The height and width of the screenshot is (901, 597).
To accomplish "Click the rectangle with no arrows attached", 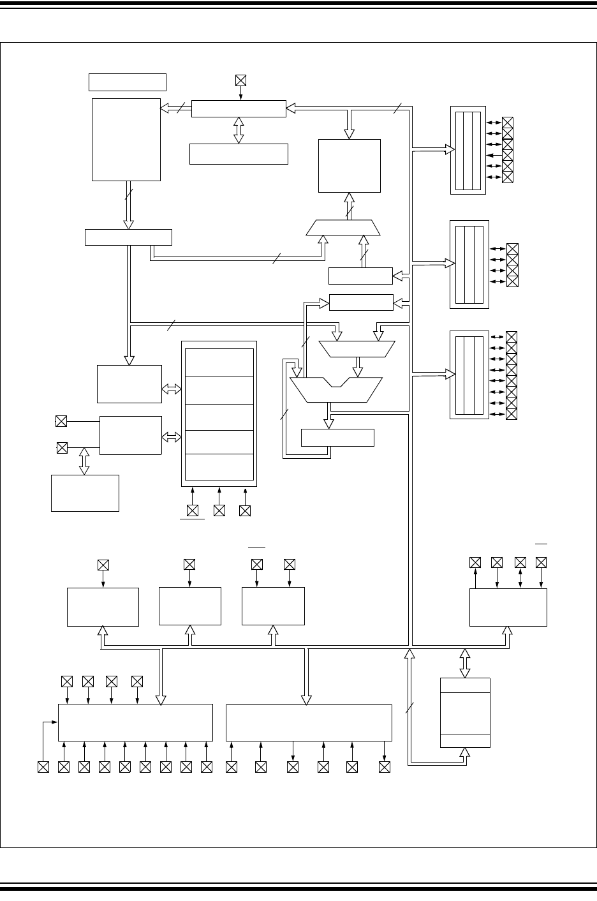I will click(128, 82).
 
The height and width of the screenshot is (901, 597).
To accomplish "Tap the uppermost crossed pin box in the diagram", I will click(240, 80).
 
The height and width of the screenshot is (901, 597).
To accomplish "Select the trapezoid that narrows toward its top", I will click(343, 228).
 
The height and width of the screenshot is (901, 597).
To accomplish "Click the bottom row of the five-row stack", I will click(219, 467).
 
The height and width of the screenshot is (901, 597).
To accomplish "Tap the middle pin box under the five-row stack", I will click(219, 510).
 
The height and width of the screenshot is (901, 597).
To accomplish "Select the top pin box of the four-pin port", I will click(512, 249).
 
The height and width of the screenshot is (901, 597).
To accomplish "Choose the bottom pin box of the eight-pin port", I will click(511, 414).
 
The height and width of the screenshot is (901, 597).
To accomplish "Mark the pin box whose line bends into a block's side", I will click(43, 766).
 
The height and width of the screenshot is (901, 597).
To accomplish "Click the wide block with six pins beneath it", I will click(309, 723).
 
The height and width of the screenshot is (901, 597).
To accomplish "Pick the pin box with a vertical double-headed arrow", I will click(520, 562).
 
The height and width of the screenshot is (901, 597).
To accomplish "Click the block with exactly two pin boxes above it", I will click(273, 606).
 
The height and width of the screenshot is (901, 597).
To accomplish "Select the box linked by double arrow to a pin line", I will click(85, 493).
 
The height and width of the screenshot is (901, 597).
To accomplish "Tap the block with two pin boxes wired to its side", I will click(131, 435).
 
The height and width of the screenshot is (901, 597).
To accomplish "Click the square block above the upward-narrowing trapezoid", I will click(350, 165).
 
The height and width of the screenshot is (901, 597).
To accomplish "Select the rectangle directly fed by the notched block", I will click(337, 438).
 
